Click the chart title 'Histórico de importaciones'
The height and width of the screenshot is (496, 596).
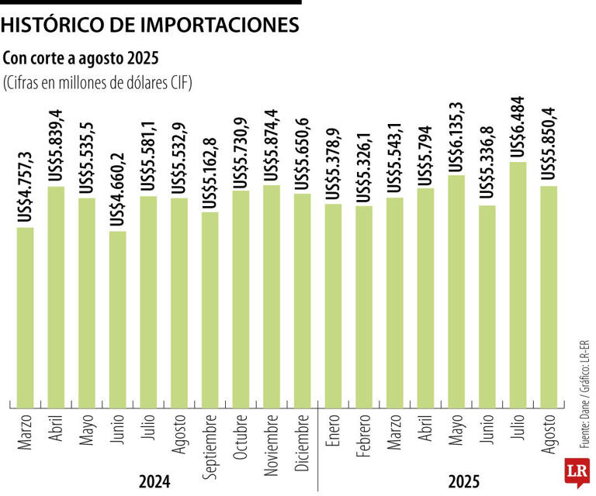coord(150,26)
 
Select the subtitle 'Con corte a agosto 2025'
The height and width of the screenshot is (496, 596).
coord(81,60)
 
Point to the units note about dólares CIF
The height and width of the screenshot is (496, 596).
coord(97,83)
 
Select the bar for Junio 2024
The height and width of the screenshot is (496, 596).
coord(118,319)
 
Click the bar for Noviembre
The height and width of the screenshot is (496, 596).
coord(272,295)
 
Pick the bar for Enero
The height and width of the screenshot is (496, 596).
coord(333,305)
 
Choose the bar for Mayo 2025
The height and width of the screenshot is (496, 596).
coord(456,291)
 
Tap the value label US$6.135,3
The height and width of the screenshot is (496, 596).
coord(456,137)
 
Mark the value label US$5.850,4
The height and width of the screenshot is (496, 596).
coord(549,146)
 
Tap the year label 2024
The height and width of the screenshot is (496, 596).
coord(154,481)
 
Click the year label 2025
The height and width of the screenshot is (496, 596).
coord(463,481)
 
